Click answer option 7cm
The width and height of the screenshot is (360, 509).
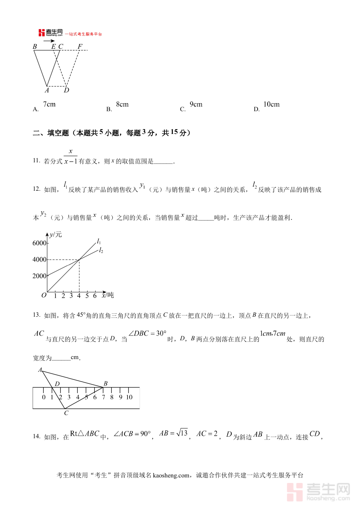click(x=49, y=104)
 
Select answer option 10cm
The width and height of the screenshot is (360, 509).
click(x=271, y=104)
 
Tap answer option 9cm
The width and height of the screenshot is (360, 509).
click(x=196, y=104)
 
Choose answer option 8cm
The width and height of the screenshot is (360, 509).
click(x=122, y=104)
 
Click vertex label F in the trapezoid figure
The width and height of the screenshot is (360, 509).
click(x=80, y=47)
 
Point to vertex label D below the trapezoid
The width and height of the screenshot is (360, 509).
click(x=66, y=90)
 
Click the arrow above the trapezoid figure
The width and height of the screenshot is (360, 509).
click(x=49, y=40)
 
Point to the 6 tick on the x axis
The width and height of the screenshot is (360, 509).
click(x=95, y=296)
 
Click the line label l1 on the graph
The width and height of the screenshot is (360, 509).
click(x=99, y=241)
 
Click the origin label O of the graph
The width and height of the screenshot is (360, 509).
click(x=44, y=295)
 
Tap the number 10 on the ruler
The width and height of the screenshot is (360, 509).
click(x=129, y=397)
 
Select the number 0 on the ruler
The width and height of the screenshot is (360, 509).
click(x=44, y=397)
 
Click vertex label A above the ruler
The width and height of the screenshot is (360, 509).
click(x=40, y=370)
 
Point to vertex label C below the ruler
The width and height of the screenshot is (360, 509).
click(x=66, y=413)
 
